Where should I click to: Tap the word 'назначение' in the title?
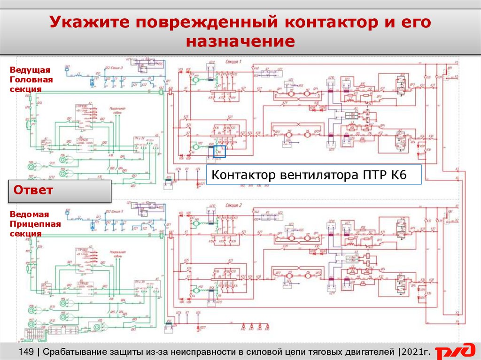[x=240, y=42]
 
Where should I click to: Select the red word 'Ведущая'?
[x=30, y=70]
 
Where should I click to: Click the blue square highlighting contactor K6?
[x=220, y=152]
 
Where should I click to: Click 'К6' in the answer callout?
[x=395, y=176]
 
